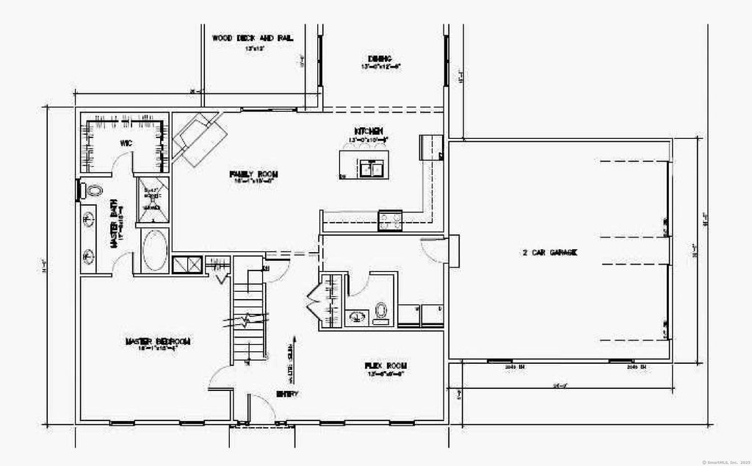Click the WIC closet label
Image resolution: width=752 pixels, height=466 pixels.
point(126,144)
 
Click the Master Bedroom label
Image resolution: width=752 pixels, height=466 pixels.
point(158,342)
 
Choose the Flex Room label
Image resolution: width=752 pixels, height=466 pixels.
point(386,365)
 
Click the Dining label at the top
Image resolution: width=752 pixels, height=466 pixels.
point(380,59)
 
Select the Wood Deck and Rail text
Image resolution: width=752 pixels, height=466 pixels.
point(243,38)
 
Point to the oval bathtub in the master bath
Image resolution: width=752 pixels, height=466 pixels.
point(154,251)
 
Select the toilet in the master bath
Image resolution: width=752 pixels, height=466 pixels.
point(95,191)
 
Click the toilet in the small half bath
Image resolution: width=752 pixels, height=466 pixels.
point(381,312)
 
